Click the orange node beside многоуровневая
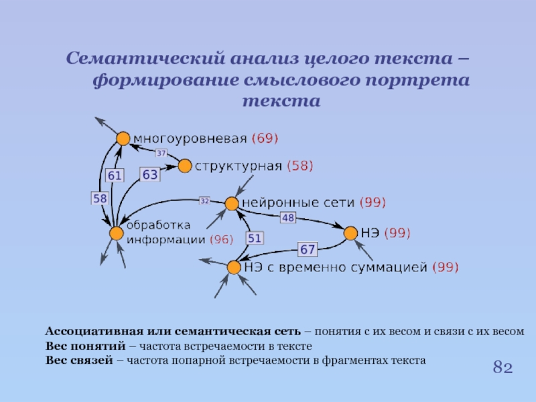coord(123,138)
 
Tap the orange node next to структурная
coord(184,165)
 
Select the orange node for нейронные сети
coord(231,203)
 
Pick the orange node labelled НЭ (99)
coord(350,233)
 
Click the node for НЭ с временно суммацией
coord(233,267)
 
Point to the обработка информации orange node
coord(117,232)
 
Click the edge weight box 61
coord(115,176)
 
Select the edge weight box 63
coord(149,175)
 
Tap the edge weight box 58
coord(100,198)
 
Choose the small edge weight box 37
coord(161,153)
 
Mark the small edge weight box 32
coord(204,200)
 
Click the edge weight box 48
coord(287,217)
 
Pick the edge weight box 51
coord(255,238)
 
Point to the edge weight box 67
coord(307,249)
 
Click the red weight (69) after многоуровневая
coord(265,139)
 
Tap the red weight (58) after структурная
coord(299,165)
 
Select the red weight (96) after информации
coord(221,239)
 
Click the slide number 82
coord(503,367)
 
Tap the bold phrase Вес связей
coord(78,360)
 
